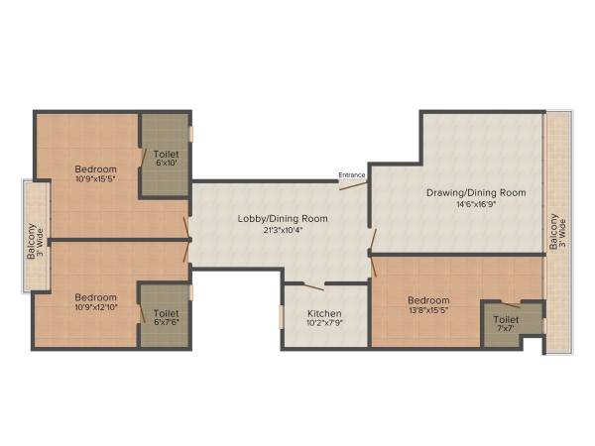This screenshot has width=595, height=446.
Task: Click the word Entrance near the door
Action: (352, 175)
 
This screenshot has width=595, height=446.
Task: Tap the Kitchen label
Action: (325, 313)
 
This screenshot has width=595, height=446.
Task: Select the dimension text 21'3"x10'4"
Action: (283, 230)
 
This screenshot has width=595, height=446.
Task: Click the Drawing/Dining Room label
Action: (476, 192)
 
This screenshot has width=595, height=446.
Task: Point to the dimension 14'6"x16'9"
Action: (476, 205)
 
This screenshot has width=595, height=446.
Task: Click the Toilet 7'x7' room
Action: (506, 326)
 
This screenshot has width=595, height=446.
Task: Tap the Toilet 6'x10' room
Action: (165, 159)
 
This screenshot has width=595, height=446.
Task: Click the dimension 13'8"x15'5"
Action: (428, 312)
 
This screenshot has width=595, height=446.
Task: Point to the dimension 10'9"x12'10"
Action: (96, 309)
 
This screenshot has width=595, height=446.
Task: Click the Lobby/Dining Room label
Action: (283, 218)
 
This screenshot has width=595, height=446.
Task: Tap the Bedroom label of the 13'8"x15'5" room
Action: (428, 300)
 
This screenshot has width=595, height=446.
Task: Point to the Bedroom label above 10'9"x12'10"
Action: (96, 297)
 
